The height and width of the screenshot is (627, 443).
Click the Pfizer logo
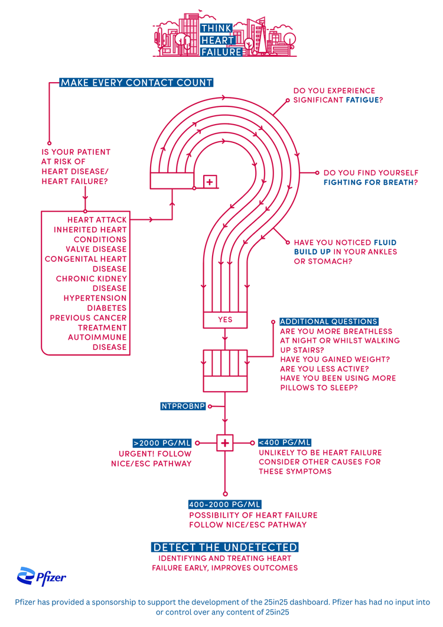(41, 576)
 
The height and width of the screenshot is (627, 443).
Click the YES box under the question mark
(225, 320)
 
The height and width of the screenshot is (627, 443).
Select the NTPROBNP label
(183, 407)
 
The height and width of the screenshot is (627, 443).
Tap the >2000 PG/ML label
(162, 443)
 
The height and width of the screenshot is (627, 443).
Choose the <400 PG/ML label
(285, 443)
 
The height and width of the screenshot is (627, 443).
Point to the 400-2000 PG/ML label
(224, 505)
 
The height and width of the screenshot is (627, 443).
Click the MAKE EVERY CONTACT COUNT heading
(136, 83)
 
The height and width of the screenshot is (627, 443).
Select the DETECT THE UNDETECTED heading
(224, 547)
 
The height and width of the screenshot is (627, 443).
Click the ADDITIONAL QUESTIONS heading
(328, 321)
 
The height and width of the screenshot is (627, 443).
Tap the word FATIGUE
(362, 100)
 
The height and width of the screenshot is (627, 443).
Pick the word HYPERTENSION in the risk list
(95, 298)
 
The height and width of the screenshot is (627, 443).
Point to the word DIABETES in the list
(107, 308)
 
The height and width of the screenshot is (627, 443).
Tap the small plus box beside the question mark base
(210, 182)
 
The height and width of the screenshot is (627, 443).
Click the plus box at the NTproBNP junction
(225, 443)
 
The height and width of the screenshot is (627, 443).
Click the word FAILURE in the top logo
(221, 52)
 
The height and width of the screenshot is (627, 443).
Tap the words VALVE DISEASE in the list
(99, 249)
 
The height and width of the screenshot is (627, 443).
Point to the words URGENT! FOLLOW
(155, 454)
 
